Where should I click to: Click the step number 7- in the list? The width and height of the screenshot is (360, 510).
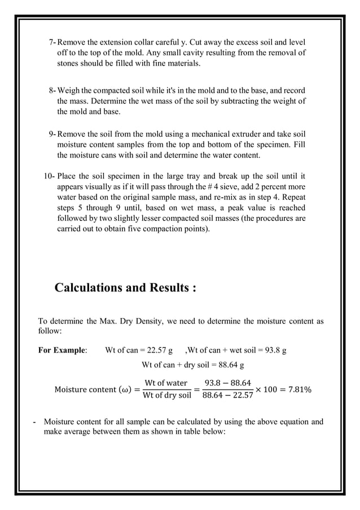click(x=53, y=42)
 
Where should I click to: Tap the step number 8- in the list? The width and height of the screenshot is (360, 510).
click(x=53, y=90)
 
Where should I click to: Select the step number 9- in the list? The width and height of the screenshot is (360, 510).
click(x=53, y=134)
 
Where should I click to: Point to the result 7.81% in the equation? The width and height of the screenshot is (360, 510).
click(x=297, y=390)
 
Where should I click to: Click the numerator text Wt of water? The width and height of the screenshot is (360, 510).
click(x=166, y=383)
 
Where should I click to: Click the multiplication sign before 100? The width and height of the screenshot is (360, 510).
click(x=259, y=390)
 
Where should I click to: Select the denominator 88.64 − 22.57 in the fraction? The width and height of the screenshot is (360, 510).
click(x=224, y=395)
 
